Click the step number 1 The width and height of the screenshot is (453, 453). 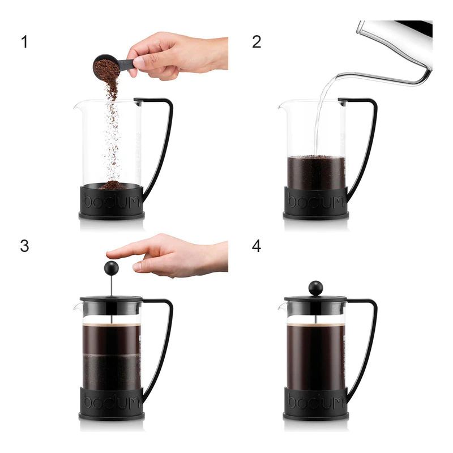point(24,42)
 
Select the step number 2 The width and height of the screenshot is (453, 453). point(257,42)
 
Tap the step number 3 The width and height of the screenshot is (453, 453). point(24,246)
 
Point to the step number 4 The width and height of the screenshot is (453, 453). point(257,246)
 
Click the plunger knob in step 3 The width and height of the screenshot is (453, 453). point(111,268)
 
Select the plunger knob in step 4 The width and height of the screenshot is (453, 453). point(315,288)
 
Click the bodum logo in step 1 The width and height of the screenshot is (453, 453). point(112,201)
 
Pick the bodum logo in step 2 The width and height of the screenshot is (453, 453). point(316,201)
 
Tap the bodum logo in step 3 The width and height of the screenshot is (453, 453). point(112,401)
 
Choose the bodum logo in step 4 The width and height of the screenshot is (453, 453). point(316,401)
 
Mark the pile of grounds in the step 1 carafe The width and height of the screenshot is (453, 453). point(113,185)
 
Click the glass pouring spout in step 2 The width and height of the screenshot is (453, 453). point(281,105)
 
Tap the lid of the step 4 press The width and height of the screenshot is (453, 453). point(315,300)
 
